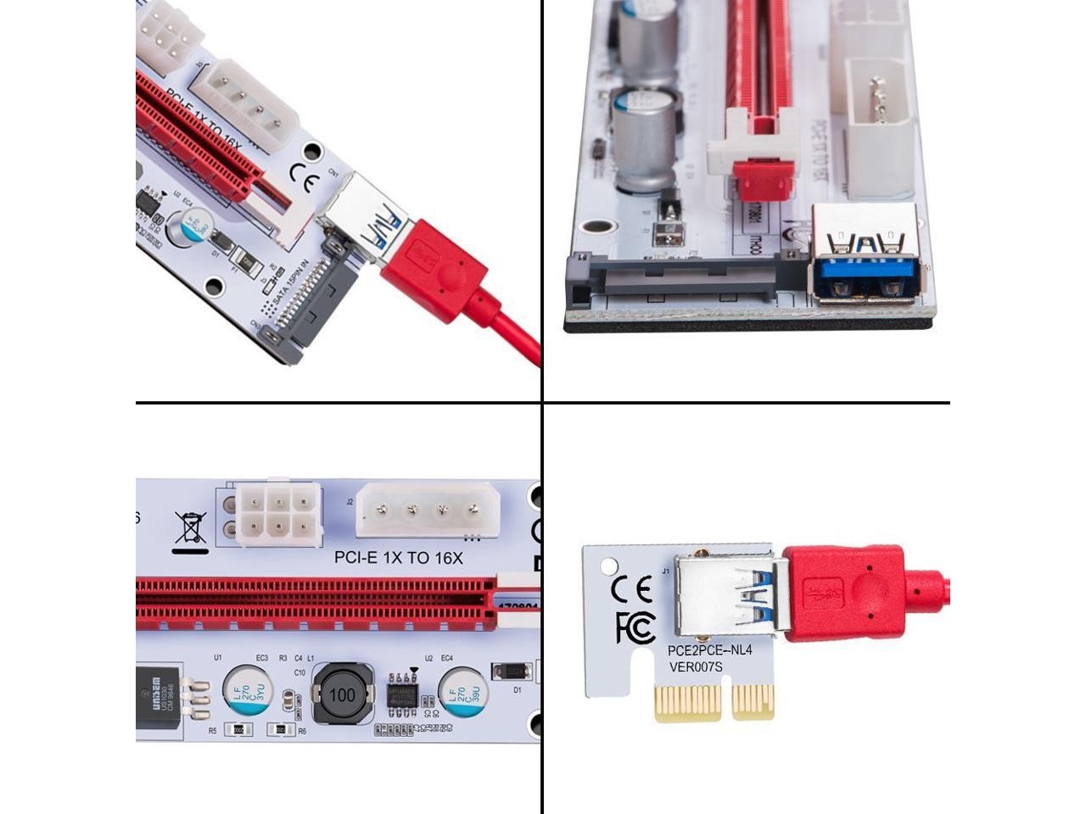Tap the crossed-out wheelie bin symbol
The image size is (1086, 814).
191,527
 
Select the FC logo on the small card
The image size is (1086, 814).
635,627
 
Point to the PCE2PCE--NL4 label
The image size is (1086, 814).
709,650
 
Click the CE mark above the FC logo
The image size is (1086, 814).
632,587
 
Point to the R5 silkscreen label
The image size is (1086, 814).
212,730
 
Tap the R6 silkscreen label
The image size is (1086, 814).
302,730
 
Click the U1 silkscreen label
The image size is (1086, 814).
217,658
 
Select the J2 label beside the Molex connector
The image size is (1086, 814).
350,501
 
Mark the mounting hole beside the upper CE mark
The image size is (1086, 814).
312,153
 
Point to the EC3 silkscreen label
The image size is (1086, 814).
261,658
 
